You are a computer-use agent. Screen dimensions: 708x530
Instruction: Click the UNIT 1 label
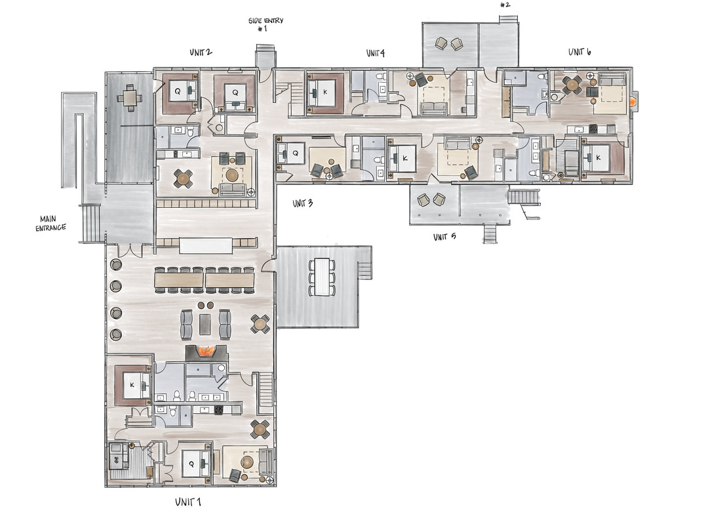(188, 502)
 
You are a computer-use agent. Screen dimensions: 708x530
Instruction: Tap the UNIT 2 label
(201, 52)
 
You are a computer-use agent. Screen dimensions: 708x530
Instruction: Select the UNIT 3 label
(302, 203)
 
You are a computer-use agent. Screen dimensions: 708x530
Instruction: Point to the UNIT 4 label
(375, 53)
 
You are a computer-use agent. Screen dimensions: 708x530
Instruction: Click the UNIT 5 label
(444, 237)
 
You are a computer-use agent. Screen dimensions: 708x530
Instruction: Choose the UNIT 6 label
(580, 52)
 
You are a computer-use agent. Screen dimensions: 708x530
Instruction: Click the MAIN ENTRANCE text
(50, 224)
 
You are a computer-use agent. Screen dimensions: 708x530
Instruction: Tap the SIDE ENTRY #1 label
(265, 24)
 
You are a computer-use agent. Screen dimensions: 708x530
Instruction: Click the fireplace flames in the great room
(206, 350)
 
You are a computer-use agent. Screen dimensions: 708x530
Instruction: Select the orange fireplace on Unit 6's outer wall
(634, 102)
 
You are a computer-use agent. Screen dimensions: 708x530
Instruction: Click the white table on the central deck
(322, 277)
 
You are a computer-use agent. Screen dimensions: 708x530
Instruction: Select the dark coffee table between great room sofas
(205, 325)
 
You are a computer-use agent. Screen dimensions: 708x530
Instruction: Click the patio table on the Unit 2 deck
(130, 96)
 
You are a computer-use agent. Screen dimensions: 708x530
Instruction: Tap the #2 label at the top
(505, 5)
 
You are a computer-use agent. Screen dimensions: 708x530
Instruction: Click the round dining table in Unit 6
(572, 84)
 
